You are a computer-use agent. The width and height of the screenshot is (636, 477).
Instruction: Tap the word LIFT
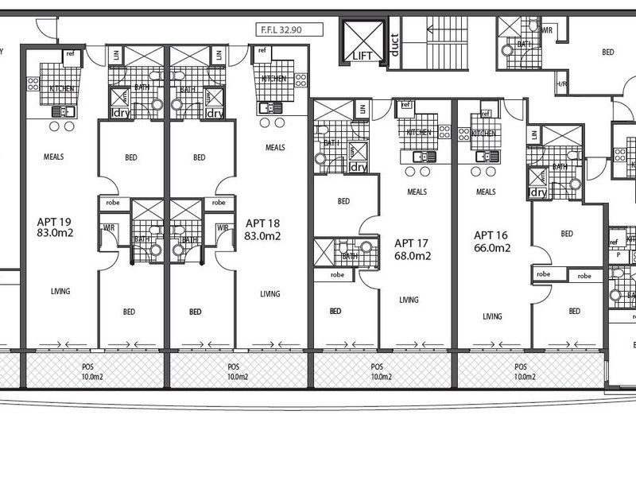coord(363,56)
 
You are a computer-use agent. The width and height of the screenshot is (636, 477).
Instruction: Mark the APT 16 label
coord(491,235)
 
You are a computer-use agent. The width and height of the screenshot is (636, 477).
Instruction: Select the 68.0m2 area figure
coord(412,256)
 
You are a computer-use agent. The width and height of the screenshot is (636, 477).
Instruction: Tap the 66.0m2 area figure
coord(491,248)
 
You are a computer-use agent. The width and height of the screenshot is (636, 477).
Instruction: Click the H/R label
coord(561,84)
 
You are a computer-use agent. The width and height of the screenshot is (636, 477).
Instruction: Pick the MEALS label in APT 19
coord(54,157)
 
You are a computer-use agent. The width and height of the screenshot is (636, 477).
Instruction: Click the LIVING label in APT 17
coord(409,300)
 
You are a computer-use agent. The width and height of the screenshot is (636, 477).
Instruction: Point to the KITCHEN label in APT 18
coord(274,79)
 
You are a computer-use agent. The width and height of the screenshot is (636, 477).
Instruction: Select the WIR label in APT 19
coord(110,228)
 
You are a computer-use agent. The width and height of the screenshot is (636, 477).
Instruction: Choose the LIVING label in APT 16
coord(492,316)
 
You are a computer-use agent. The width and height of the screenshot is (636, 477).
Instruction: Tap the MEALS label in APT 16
coord(486,192)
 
